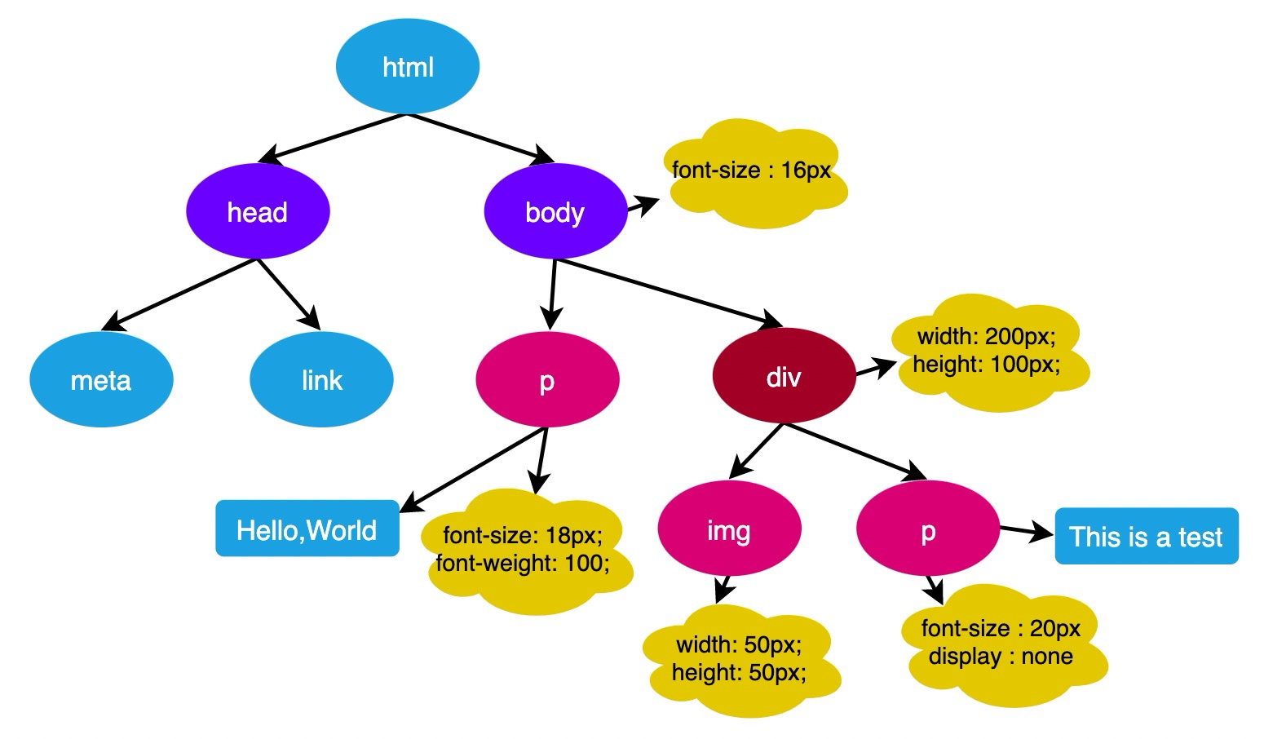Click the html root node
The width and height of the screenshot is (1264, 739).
[x=407, y=66]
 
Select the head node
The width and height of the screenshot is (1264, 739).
[x=258, y=211]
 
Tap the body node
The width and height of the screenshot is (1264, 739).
[x=555, y=211]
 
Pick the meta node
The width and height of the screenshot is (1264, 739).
[x=101, y=379]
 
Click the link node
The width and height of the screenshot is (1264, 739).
[x=321, y=379]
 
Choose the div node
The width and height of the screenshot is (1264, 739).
[x=784, y=377]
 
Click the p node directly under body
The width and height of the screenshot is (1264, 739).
[x=547, y=379]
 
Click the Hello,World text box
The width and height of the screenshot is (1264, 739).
[x=307, y=529]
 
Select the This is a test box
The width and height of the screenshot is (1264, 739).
[x=1146, y=536]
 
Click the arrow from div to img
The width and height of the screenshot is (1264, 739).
[x=757, y=450]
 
